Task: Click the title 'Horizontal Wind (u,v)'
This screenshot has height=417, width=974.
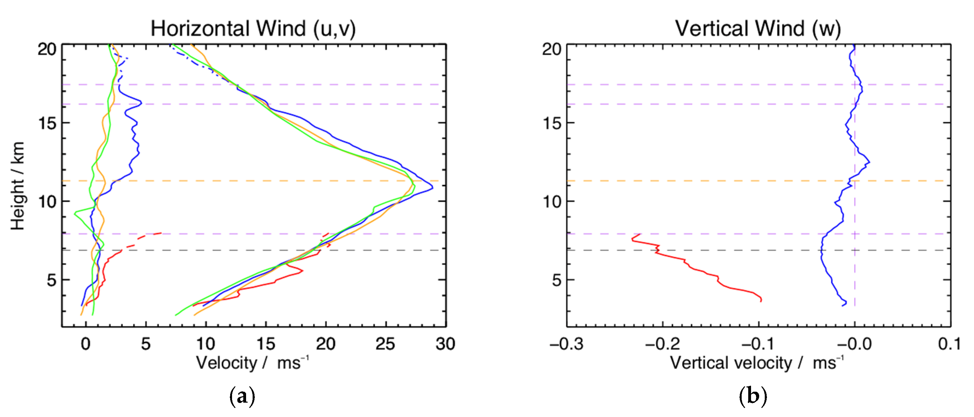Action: (x=253, y=28)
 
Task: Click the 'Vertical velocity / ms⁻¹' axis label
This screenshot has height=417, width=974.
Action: (x=757, y=363)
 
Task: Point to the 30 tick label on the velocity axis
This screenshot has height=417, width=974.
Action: (x=445, y=344)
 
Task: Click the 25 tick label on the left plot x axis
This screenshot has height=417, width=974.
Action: (x=385, y=344)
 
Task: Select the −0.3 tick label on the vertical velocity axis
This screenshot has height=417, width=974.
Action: (x=566, y=344)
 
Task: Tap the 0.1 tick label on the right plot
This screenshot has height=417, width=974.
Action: (x=949, y=344)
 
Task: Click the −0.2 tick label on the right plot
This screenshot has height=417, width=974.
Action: (x=662, y=344)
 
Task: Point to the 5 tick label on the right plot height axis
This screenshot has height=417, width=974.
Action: (x=557, y=280)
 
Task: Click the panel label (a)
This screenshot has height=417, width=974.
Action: (x=242, y=396)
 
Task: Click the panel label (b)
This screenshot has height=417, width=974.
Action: (x=752, y=396)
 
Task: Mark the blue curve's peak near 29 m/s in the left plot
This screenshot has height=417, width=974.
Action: (x=432, y=187)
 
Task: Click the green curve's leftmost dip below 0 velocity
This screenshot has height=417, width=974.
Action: (x=75, y=214)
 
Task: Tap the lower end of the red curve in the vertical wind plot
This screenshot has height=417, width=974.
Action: (x=761, y=300)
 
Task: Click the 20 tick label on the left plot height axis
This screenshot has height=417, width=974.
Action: (x=47, y=49)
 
